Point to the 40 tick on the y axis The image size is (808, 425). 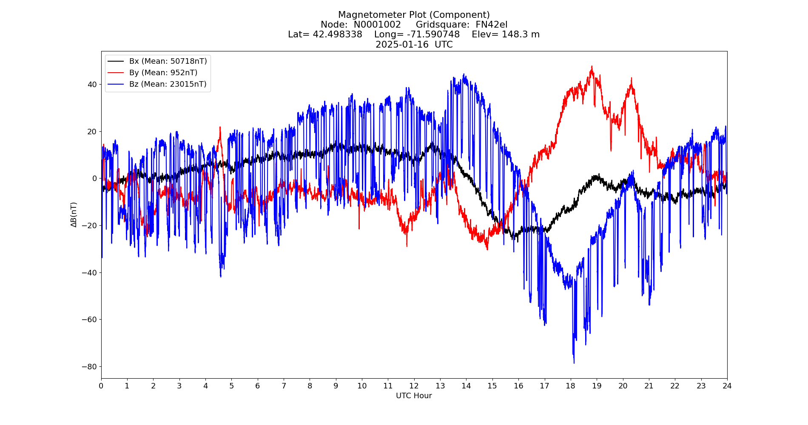92,84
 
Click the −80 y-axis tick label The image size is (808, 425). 90,366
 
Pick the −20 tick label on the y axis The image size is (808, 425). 90,225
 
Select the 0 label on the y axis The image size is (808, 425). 94,178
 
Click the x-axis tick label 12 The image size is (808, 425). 414,386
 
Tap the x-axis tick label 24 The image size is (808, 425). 727,386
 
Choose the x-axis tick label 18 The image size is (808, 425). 570,386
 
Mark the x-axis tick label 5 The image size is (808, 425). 231,386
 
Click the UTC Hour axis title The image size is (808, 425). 414,396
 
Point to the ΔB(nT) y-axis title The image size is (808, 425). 74,215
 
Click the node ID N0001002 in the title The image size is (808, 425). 377,25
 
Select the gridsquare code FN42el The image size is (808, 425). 491,25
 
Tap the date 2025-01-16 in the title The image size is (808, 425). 402,45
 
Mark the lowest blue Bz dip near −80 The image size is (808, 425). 574,363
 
